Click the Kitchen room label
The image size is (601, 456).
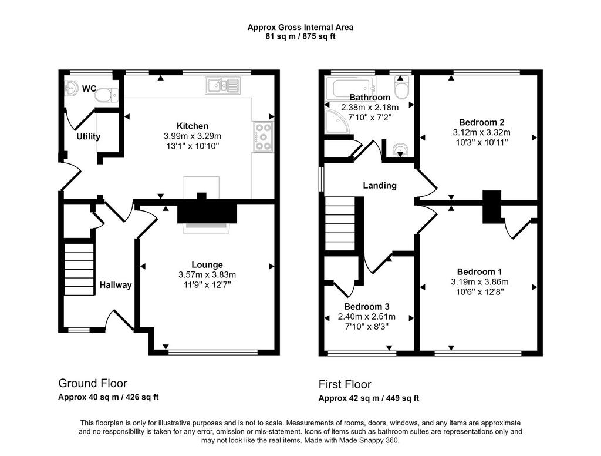point(193,126)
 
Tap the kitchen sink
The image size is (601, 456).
point(222,86)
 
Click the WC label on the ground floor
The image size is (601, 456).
point(89,89)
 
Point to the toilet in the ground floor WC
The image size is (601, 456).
point(107,95)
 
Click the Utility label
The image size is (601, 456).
point(88,136)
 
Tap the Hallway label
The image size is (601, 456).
point(116,285)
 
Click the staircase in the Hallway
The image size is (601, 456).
point(79,269)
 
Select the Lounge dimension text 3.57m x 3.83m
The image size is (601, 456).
point(207,275)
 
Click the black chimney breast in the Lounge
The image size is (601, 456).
point(207,212)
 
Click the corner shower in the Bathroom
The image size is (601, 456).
point(337,121)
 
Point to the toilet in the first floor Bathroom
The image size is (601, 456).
point(401,87)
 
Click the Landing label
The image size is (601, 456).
point(380,185)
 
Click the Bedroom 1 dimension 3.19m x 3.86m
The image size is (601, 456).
point(480,281)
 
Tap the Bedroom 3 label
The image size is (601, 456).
point(366,307)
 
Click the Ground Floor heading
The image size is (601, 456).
point(92,383)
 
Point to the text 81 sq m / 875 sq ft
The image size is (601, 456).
point(300,37)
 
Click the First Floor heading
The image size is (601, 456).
point(345,384)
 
